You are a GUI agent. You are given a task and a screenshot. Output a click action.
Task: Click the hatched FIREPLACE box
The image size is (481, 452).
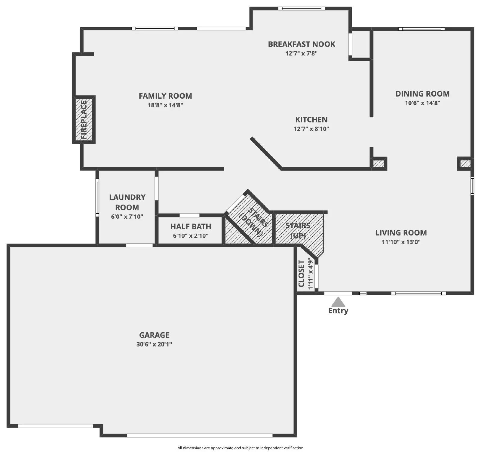pyautogui.click(x=84, y=120)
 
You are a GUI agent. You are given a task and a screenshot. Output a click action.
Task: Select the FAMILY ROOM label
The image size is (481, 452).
pyautogui.click(x=165, y=96)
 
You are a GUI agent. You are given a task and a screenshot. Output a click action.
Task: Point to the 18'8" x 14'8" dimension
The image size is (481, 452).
pyautogui.click(x=165, y=105)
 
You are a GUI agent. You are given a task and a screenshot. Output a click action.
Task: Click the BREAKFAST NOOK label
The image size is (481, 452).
pyautogui.click(x=302, y=44)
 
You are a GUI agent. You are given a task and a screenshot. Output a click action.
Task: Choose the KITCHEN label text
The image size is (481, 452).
pyautogui.click(x=311, y=120)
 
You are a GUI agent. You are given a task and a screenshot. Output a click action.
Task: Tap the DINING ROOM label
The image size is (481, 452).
pyautogui.click(x=422, y=94)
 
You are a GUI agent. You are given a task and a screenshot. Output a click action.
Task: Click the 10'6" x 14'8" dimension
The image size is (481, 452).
pyautogui.click(x=422, y=103)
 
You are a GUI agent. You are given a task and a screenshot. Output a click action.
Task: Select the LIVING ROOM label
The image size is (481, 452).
pyautogui.click(x=401, y=233)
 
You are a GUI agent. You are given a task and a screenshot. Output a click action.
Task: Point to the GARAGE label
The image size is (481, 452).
pyautogui.click(x=154, y=335)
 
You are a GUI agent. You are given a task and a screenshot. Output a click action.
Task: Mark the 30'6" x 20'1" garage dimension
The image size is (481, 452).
pyautogui.click(x=154, y=344)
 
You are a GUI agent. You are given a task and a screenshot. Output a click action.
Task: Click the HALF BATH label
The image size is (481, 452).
pyautogui.click(x=191, y=226)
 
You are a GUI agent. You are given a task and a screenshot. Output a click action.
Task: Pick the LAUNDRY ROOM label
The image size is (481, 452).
pyautogui.click(x=127, y=202)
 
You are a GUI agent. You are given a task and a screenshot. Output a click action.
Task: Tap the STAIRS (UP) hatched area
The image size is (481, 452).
pyautogui.click(x=298, y=230)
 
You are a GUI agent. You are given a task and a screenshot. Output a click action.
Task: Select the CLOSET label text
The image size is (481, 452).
pyautogui.click(x=302, y=273)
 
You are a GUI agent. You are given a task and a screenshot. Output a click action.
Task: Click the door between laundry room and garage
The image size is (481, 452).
pyautogui.click(x=139, y=245)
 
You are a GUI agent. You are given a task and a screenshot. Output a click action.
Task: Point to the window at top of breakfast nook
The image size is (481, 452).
pyautogui.click(x=301, y=8)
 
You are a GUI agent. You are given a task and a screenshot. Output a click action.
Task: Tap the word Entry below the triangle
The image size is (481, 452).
pyautogui.click(x=338, y=311)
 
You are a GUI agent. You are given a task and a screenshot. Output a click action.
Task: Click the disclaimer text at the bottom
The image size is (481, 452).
pyautogui.click(x=240, y=448)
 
